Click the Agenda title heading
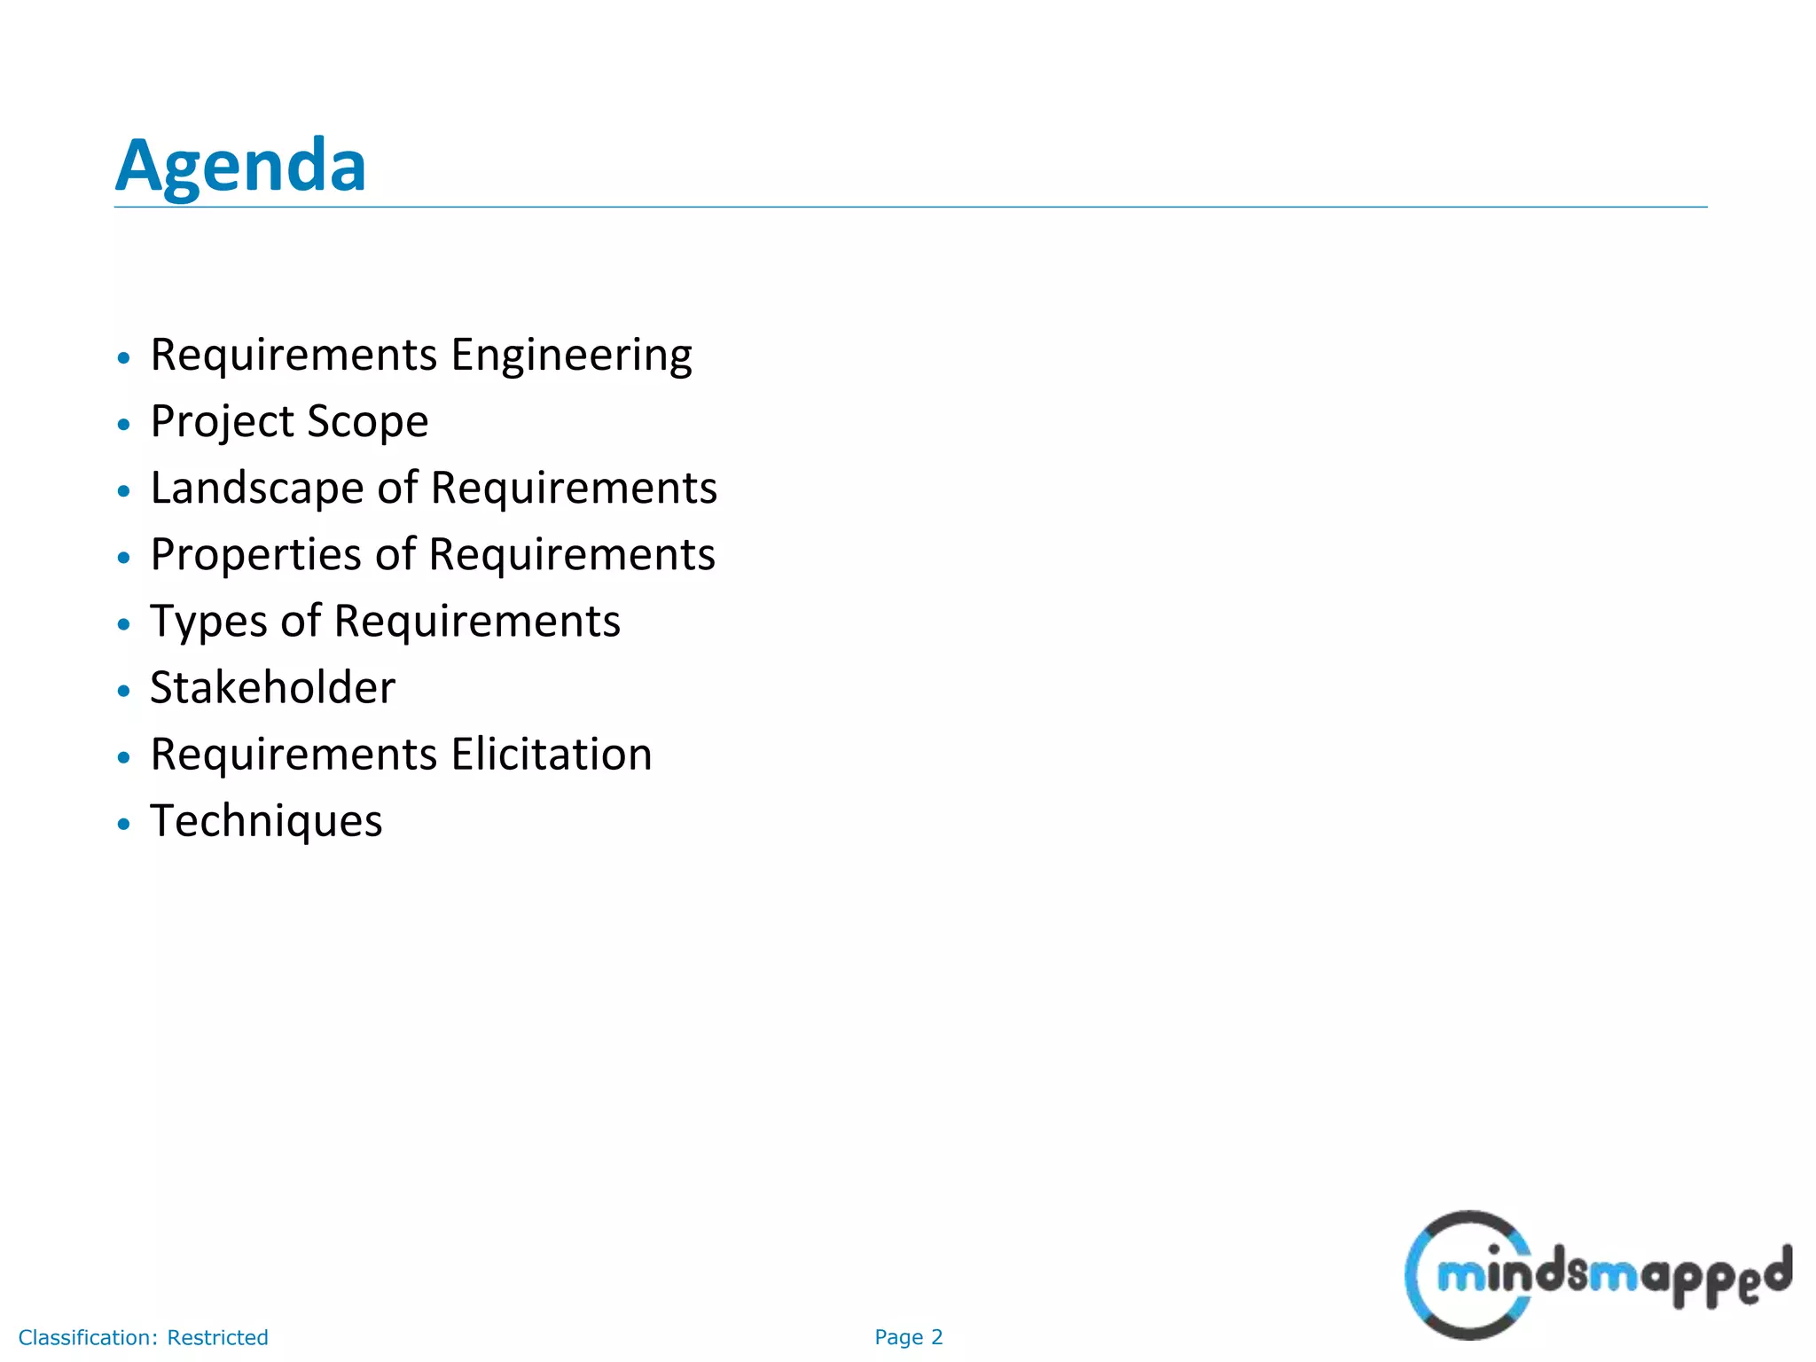point(240,166)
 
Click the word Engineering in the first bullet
point(571,356)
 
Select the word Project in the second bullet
point(222,422)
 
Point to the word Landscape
point(256,489)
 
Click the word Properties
point(256,555)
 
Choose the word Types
point(208,622)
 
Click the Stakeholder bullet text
point(272,688)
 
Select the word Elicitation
point(552,755)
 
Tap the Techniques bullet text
point(266,821)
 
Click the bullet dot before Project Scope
point(124,425)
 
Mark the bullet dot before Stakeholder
point(124,691)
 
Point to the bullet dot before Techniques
point(124,824)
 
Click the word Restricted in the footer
point(217,1337)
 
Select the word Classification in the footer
point(87,1337)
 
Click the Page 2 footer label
point(908,1337)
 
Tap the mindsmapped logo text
point(1614,1275)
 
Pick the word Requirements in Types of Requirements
point(477,622)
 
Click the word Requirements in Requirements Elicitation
point(294,755)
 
